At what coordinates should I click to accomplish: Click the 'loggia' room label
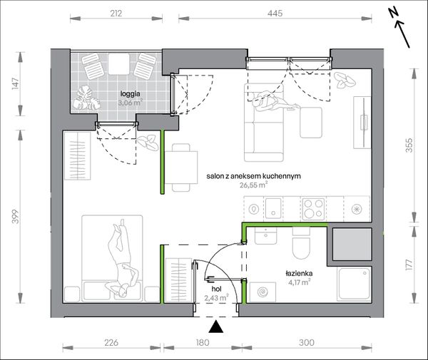[131, 94]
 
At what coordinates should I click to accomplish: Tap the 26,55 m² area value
[253, 185]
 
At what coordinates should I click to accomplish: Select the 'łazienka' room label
[299, 273]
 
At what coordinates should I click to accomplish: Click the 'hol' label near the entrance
[216, 289]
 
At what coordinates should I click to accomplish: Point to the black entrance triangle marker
[216, 326]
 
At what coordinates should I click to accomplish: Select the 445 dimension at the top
[275, 13]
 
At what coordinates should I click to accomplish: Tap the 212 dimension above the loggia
[116, 13]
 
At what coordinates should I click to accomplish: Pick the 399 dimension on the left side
[16, 216]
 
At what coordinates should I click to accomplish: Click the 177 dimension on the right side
[409, 264]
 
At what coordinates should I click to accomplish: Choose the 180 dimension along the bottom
[203, 343]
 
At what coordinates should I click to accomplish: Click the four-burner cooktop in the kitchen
[313, 209]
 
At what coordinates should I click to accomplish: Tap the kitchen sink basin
[273, 208]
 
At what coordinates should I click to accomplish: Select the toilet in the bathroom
[301, 243]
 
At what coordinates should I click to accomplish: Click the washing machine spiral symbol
[263, 292]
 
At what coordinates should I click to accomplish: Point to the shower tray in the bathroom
[355, 284]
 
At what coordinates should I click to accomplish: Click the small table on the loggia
[118, 64]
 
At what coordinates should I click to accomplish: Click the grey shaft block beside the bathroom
[352, 244]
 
